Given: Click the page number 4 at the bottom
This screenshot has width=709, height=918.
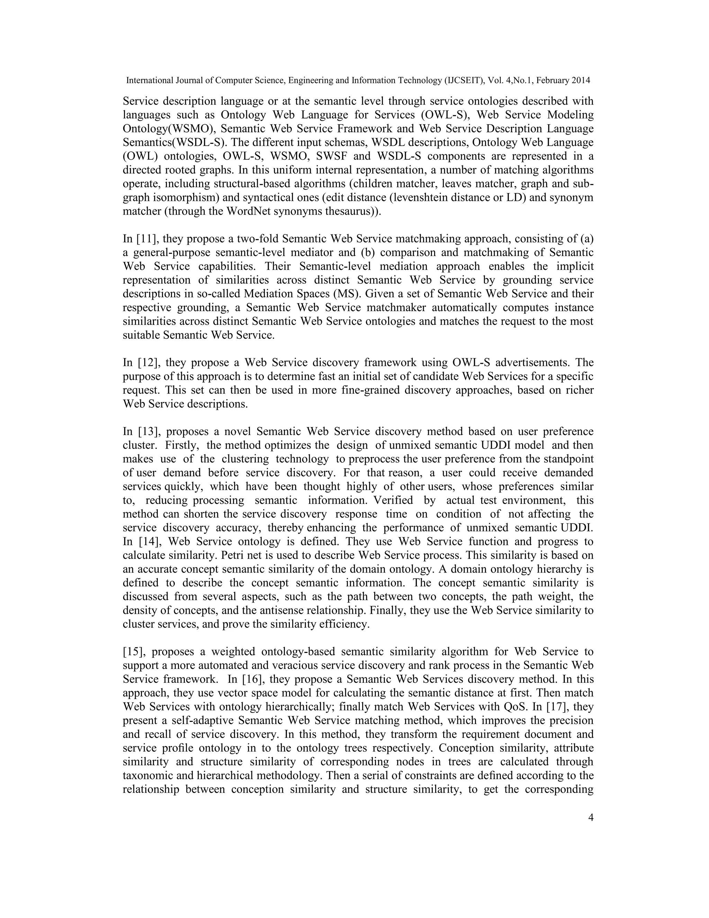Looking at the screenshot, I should point(591,818).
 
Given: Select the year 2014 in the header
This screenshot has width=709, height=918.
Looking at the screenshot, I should point(581,80).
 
